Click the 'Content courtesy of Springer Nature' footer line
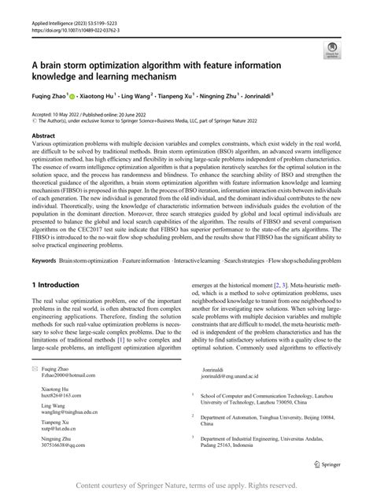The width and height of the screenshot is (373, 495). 186,486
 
